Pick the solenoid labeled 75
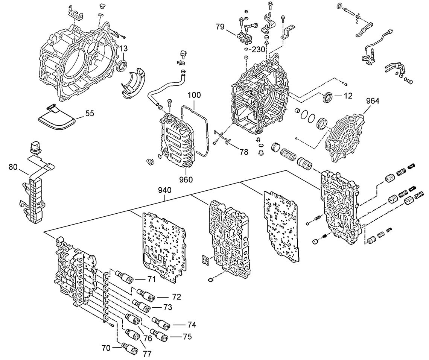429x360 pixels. pyautogui.click(x=159, y=334)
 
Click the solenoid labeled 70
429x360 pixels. pyautogui.click(x=128, y=348)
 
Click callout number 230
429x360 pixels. pyautogui.click(x=259, y=50)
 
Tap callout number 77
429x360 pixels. pyautogui.click(x=147, y=354)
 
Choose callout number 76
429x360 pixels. pyautogui.click(x=148, y=338)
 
